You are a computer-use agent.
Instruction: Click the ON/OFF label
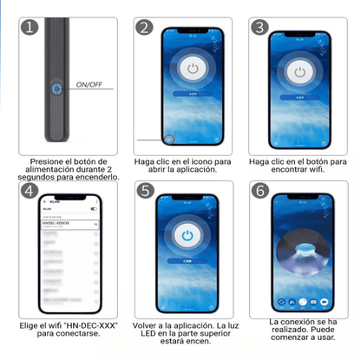[89, 86]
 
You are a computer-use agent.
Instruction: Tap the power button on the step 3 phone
[299, 70]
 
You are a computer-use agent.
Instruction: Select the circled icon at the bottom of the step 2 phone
[170, 139]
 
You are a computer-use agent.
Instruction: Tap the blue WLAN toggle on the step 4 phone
[93, 208]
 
